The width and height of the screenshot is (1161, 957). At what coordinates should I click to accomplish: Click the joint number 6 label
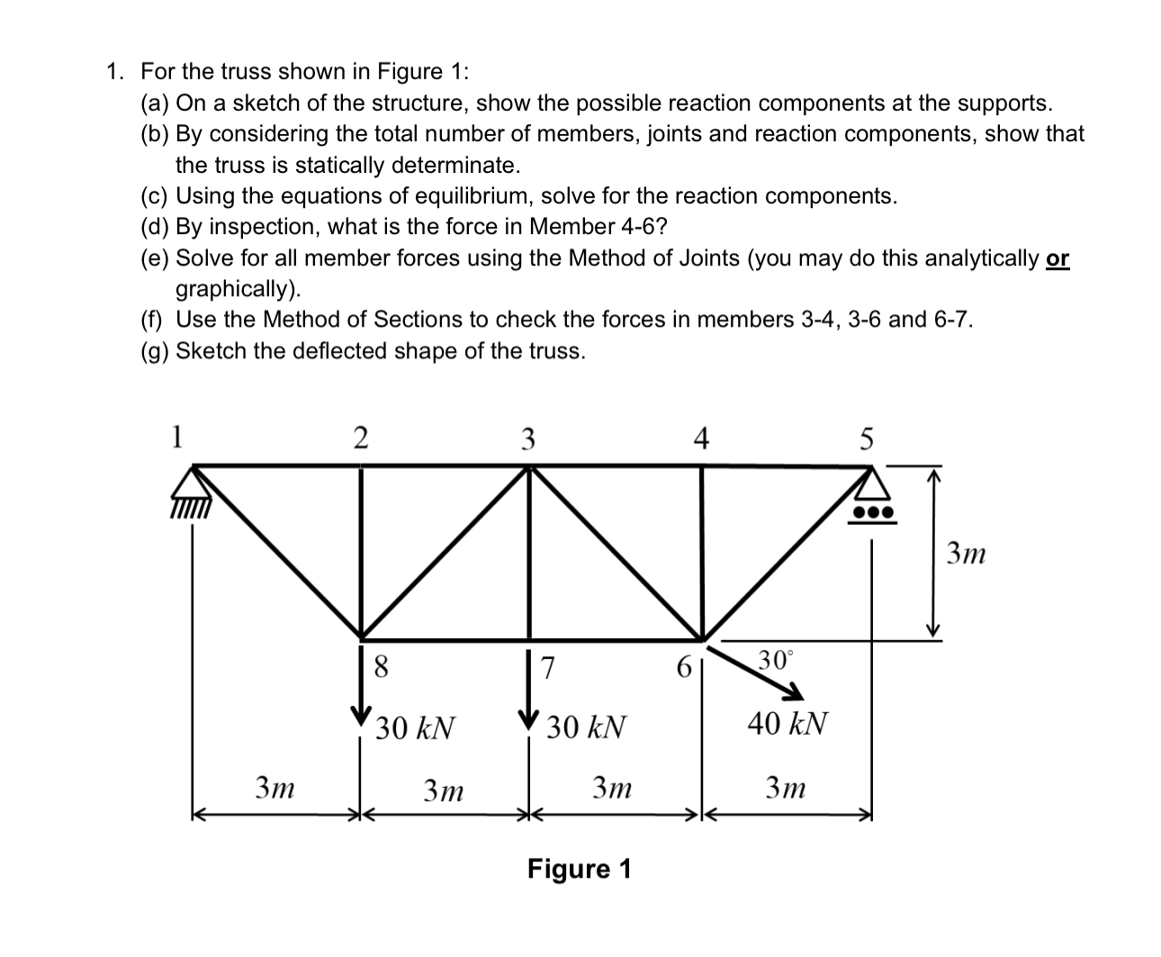(x=683, y=668)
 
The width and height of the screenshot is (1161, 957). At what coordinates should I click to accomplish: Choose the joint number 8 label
(x=381, y=667)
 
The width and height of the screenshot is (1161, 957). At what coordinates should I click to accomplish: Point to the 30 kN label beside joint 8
(x=415, y=727)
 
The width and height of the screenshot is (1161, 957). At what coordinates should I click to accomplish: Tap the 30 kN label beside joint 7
(x=586, y=727)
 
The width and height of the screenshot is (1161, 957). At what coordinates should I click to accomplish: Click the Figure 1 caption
(x=580, y=870)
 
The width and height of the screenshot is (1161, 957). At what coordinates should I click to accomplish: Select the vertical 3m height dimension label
(x=966, y=554)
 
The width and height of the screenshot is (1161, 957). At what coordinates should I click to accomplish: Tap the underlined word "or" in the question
(x=1058, y=259)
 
